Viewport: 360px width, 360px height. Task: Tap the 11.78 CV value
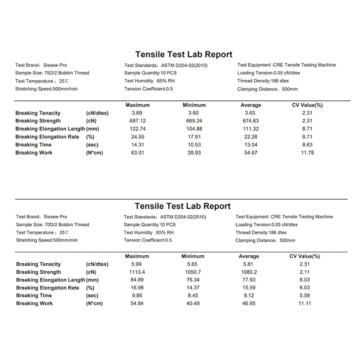tap(308, 153)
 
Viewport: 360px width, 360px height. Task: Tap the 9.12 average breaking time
tap(249, 296)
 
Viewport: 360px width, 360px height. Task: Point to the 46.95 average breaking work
tap(249, 303)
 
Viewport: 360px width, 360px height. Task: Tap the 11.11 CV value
tap(305, 303)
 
